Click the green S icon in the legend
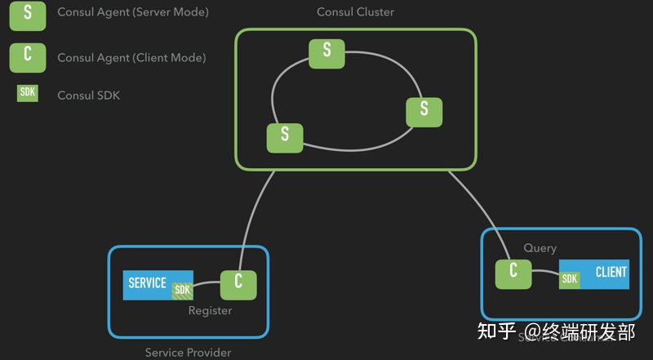click(x=28, y=15)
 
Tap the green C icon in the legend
click(x=28, y=57)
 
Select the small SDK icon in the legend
click(x=28, y=94)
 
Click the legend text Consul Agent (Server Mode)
click(x=132, y=13)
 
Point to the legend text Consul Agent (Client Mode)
click(x=131, y=58)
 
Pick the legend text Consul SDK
click(x=88, y=96)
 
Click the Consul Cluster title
click(x=355, y=12)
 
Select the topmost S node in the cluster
click(x=326, y=51)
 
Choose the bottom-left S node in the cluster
click(x=285, y=137)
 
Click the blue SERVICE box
click(x=148, y=284)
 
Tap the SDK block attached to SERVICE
click(x=182, y=290)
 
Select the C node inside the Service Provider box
click(x=238, y=283)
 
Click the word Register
click(x=210, y=310)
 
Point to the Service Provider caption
click(x=188, y=353)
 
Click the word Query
click(x=540, y=248)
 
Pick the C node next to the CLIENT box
click(x=513, y=272)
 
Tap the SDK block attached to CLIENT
click(x=570, y=279)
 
